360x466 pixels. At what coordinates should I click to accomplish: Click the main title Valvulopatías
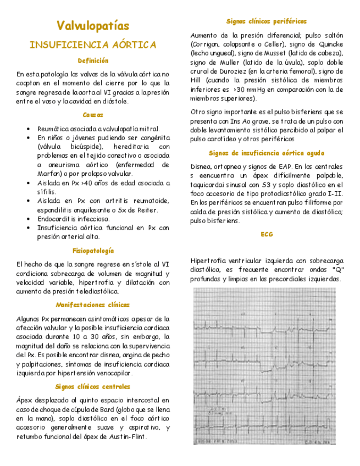pos(93,26)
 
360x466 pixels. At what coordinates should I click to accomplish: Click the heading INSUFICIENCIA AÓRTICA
pos(93,45)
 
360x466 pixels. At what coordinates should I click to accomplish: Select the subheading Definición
pos(93,60)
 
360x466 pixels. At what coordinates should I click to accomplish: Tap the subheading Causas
pos(93,115)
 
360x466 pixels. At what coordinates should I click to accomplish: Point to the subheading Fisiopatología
pos(93,251)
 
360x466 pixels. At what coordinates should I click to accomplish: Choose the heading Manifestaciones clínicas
pos(93,304)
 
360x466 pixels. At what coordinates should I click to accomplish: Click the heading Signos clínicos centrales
pos(93,386)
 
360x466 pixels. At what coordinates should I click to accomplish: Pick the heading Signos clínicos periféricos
pos(267,21)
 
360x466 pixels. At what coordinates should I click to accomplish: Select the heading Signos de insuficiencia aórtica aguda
pos(267,153)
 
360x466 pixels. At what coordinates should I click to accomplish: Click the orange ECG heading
pos(267,234)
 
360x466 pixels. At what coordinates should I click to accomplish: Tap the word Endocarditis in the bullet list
pos(57,219)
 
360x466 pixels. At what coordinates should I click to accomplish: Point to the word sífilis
pos(47,192)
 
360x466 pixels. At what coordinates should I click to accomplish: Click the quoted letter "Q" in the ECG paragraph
pos(336,270)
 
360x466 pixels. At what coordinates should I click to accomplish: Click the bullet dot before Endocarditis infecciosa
pos(28,219)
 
